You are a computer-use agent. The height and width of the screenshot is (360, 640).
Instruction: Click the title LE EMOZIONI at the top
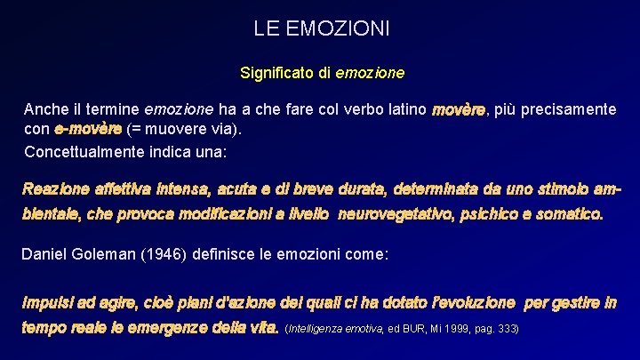[321, 28]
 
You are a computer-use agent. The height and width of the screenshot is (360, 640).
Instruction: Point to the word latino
[402, 109]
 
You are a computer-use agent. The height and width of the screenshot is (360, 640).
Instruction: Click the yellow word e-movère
[88, 130]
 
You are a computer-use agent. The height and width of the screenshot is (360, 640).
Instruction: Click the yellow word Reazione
[53, 188]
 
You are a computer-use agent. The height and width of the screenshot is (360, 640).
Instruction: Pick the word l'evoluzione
[466, 302]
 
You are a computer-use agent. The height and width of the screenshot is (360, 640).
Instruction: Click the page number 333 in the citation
[507, 329]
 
